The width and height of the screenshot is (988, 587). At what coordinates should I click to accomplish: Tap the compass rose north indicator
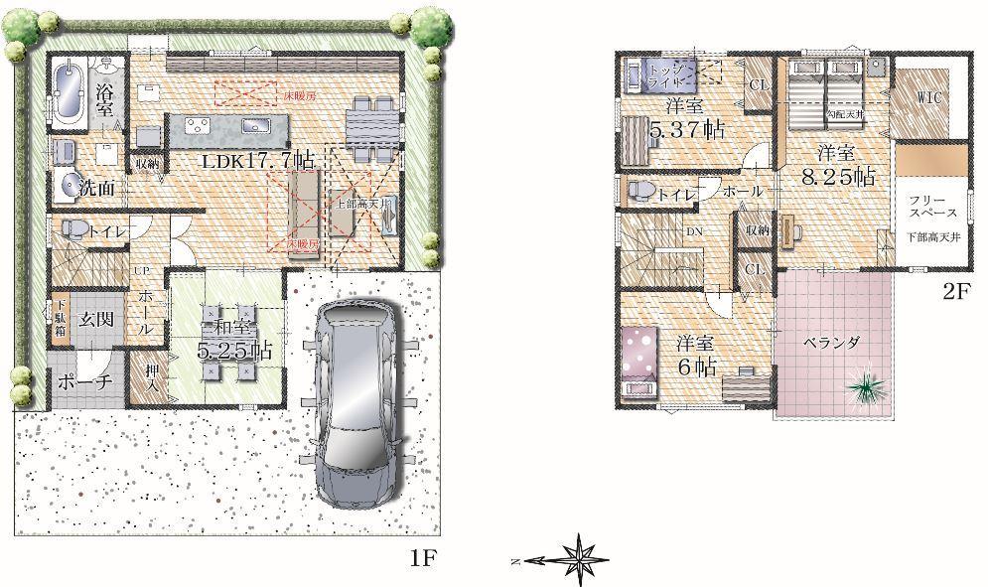(x=577, y=560)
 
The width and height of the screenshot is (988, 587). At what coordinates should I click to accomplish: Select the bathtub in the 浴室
(x=68, y=92)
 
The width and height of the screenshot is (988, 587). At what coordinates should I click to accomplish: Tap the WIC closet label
(x=929, y=97)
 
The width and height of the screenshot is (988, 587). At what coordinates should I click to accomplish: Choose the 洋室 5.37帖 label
(x=685, y=118)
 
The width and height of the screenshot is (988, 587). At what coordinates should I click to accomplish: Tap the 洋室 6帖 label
(x=696, y=354)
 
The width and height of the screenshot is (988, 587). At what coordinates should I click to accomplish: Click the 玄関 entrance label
(x=97, y=319)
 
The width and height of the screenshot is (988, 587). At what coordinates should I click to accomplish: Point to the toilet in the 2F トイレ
(x=638, y=191)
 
